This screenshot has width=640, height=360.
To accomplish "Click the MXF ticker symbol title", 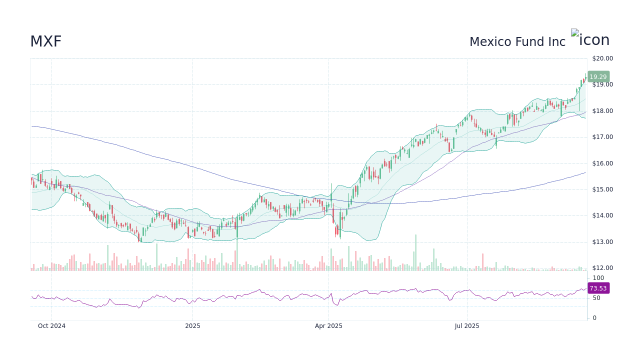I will click(45, 41).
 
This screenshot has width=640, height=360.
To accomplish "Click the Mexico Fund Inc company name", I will click(517, 42).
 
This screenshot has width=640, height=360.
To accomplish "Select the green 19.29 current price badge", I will click(598, 77).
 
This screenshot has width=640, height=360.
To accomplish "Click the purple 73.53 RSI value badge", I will click(598, 288).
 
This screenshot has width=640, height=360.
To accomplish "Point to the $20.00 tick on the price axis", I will click(602, 58).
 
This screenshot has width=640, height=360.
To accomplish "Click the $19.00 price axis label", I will click(602, 84).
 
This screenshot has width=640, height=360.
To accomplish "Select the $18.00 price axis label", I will click(602, 111).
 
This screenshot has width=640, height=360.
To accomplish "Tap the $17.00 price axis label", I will click(602, 137).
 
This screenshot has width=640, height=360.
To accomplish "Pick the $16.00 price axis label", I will click(602, 163).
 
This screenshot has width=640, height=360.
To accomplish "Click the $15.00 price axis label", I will click(602, 189).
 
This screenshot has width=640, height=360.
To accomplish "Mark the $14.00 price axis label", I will click(602, 215).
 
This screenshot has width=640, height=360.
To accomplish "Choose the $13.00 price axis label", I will click(602, 242).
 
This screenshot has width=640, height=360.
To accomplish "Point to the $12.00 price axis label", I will click(602, 268).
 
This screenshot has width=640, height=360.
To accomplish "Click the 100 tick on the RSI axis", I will click(598, 278).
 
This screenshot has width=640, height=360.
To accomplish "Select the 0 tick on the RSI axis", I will click(594, 318).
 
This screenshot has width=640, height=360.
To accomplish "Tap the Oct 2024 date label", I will click(51, 326).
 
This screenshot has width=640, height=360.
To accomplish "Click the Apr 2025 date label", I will click(328, 326).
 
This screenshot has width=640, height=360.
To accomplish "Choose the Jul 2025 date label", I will click(467, 326).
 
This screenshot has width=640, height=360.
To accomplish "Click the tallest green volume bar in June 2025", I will click(415, 253).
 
